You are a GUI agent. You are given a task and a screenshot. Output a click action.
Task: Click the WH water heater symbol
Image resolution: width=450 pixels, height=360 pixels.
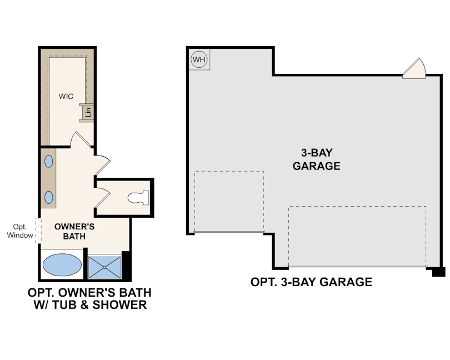pyautogui.click(x=198, y=59)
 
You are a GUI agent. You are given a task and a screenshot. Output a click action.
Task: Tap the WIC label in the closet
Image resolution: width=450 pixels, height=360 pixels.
pyautogui.click(x=66, y=96)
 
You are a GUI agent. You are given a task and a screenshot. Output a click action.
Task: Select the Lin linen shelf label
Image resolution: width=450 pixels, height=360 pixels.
pyautogui.click(x=87, y=112)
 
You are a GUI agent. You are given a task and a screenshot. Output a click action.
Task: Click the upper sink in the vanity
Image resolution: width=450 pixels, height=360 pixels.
pyautogui.click(x=48, y=162)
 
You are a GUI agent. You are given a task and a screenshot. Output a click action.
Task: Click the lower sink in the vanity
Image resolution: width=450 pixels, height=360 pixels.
pyautogui.click(x=48, y=197)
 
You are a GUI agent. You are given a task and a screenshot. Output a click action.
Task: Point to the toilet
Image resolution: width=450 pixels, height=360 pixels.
pyautogui.click(x=138, y=197)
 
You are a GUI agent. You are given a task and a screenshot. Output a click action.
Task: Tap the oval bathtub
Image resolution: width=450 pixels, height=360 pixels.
pyautogui.click(x=61, y=266)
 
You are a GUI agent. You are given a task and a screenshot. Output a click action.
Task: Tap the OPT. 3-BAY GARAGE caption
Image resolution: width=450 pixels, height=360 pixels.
pyautogui.click(x=311, y=282)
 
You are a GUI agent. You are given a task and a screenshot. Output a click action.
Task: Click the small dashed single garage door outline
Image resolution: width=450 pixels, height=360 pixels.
pyautogui.click(x=228, y=201)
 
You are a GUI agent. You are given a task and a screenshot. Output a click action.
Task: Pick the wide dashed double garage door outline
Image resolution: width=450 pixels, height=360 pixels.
pyautogui.click(x=357, y=236)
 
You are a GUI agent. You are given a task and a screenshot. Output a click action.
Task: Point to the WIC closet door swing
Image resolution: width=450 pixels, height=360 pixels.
pyautogui.click(x=79, y=140)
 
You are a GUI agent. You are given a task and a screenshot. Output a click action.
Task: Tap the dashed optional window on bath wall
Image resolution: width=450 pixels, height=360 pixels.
pyautogui.click(x=38, y=229)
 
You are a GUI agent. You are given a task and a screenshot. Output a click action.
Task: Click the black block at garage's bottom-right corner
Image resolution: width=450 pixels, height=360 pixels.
pyautogui.click(x=438, y=272)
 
